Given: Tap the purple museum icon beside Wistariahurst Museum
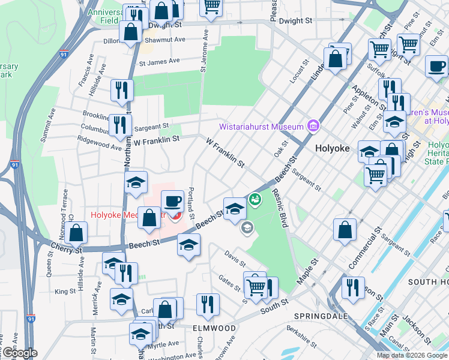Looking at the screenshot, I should click(313, 126).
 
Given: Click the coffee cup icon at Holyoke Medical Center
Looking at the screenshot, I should click(172, 201).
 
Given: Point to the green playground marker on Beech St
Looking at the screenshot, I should click(255, 199).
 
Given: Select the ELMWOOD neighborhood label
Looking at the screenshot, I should click(214, 328).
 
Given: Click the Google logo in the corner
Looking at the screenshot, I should click(19, 353).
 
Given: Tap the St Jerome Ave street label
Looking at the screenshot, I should click(203, 50).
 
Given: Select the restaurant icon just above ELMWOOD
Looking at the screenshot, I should click(208, 304).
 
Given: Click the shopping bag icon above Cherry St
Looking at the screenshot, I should click(76, 233).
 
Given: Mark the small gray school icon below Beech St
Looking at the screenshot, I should click(246, 227).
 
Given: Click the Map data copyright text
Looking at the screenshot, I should click(412, 355).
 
